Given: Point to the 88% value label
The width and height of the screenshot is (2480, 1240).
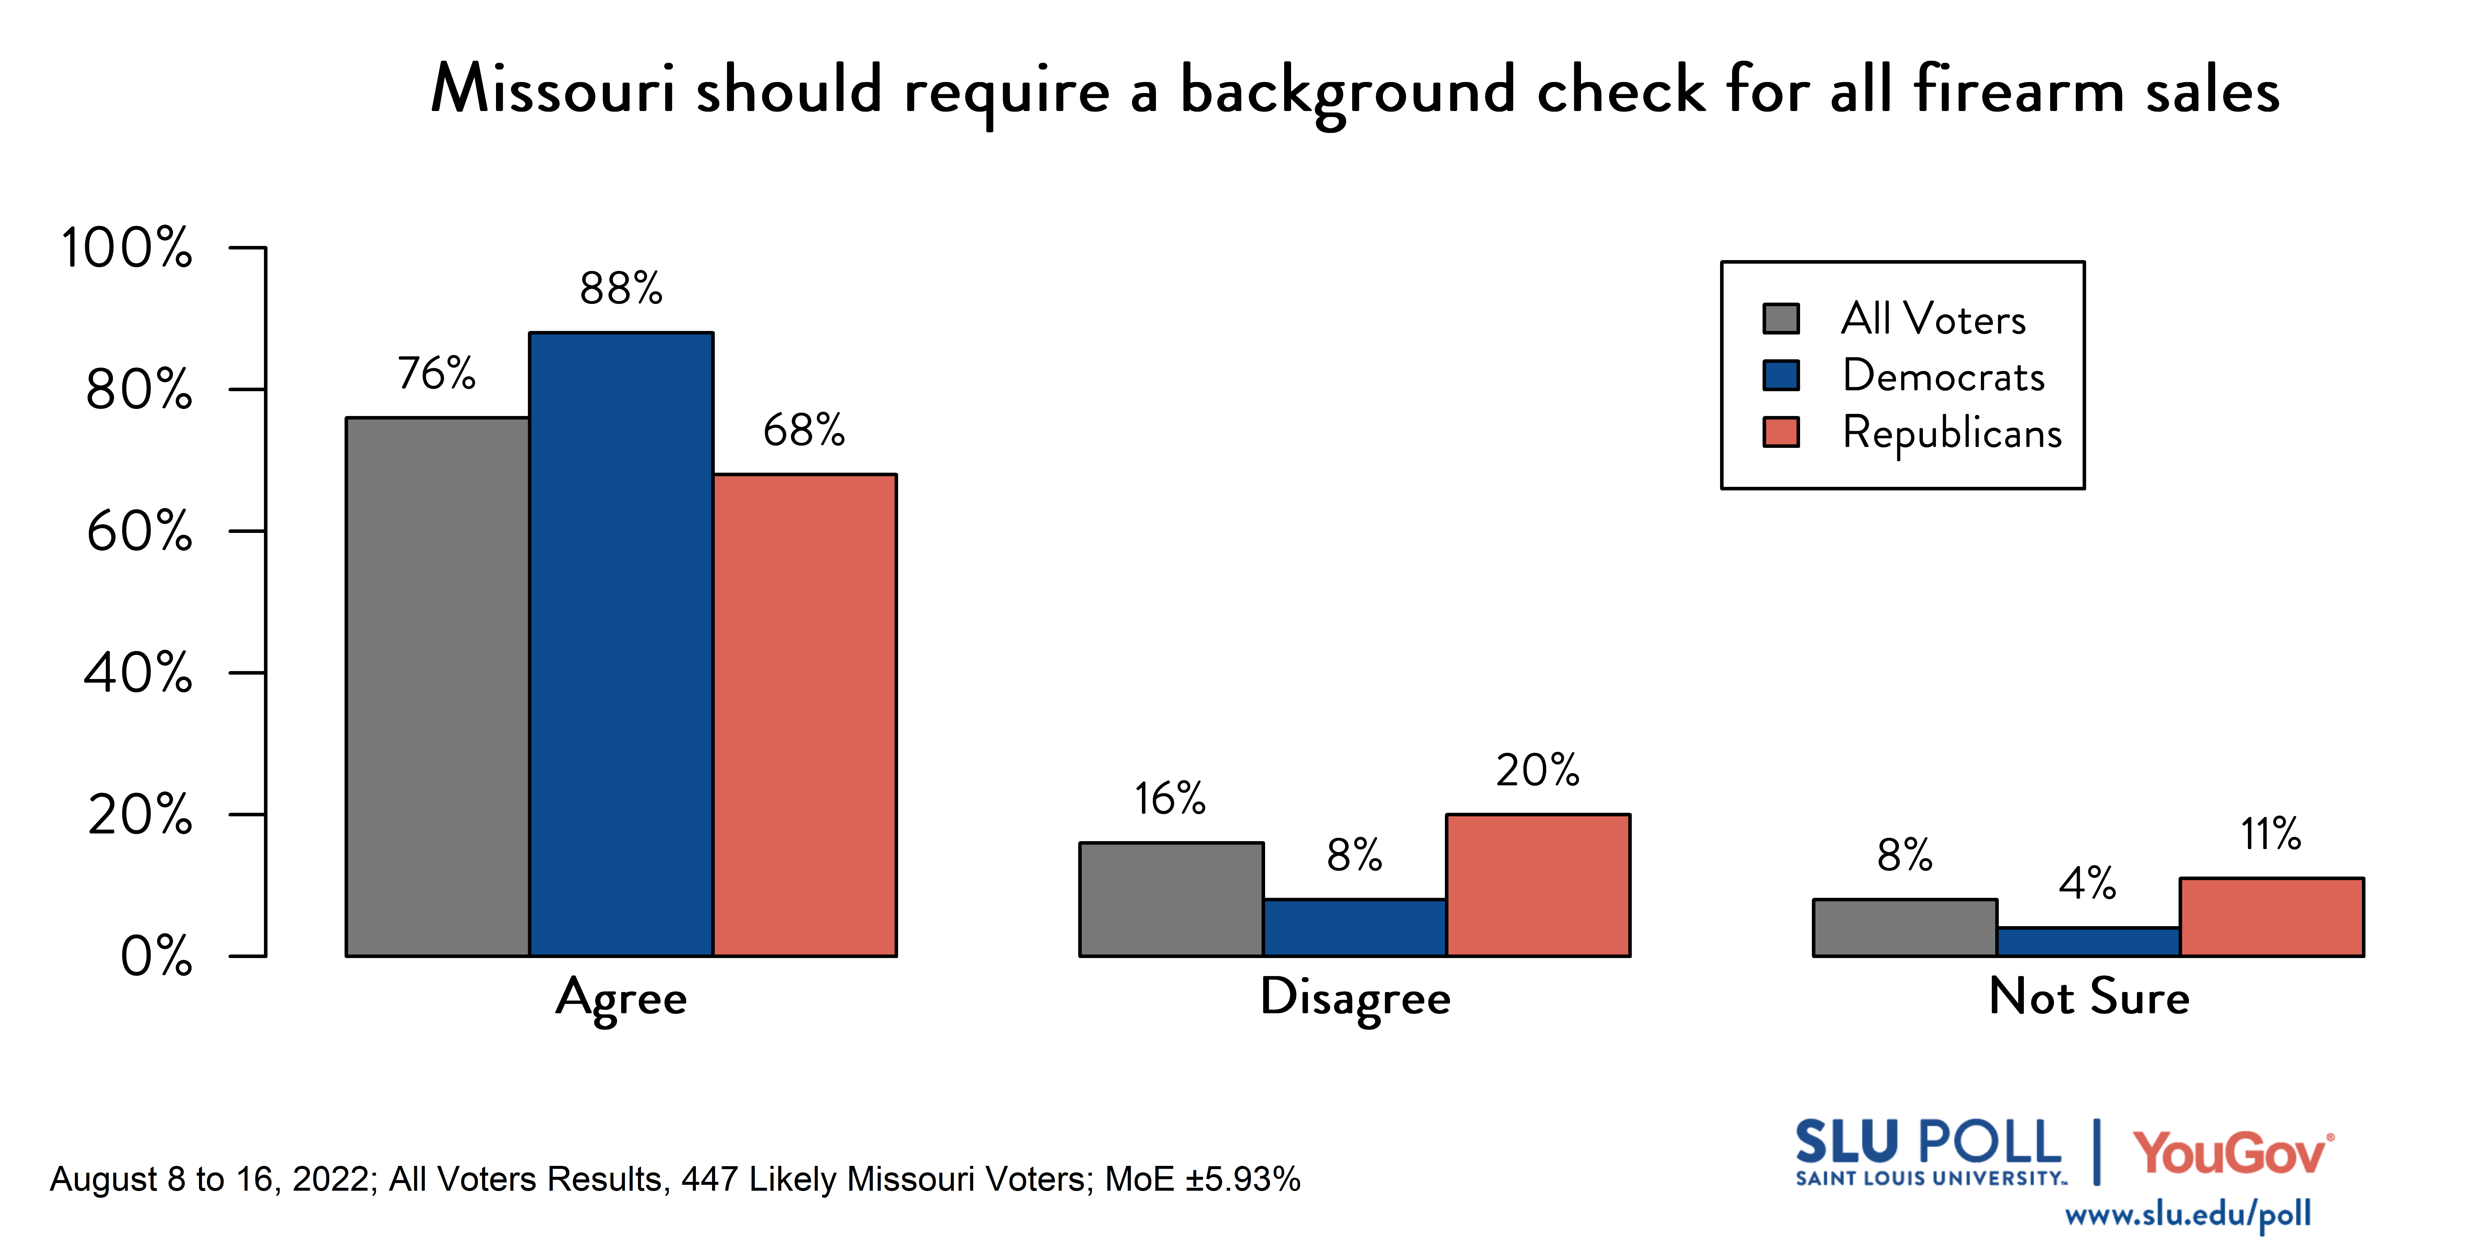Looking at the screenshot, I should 621,288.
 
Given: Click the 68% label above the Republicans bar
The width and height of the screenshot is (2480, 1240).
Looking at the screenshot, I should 804,430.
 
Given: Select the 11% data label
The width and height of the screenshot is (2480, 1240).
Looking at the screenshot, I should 2270,834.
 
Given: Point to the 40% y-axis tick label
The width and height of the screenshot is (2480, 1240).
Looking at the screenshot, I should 139,673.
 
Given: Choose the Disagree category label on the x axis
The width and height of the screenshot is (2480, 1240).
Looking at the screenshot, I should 1355,997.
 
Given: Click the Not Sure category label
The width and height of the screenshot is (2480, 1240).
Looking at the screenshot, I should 2088,997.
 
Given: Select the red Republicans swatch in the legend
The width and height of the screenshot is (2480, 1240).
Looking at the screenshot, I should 1780,432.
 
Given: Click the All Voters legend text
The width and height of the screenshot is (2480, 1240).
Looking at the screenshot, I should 1933,319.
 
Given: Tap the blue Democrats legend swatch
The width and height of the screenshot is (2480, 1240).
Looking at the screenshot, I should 1780,376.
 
